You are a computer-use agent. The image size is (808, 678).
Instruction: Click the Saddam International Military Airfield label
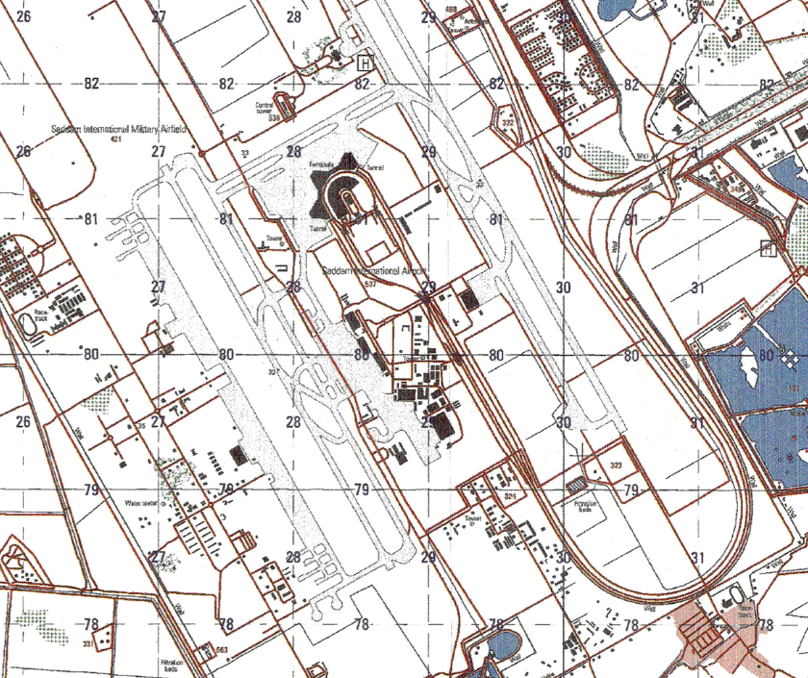pos(119,128)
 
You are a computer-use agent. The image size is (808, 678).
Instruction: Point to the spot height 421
pos(117,140)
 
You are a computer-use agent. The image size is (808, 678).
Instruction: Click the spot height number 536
pos(274,118)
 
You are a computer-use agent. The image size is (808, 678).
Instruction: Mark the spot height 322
pos(507,123)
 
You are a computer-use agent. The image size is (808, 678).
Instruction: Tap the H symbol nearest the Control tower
pos(365,63)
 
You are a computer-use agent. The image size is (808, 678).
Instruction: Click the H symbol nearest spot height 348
pos(768,249)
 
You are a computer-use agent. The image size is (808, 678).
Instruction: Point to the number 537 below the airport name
pos(371,284)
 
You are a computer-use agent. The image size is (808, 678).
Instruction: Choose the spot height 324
pos(510,496)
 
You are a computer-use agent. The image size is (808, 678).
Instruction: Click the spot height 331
pos(88,643)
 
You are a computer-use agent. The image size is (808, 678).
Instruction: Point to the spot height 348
pos(736,190)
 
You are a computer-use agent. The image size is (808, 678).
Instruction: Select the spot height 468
pos(450,10)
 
